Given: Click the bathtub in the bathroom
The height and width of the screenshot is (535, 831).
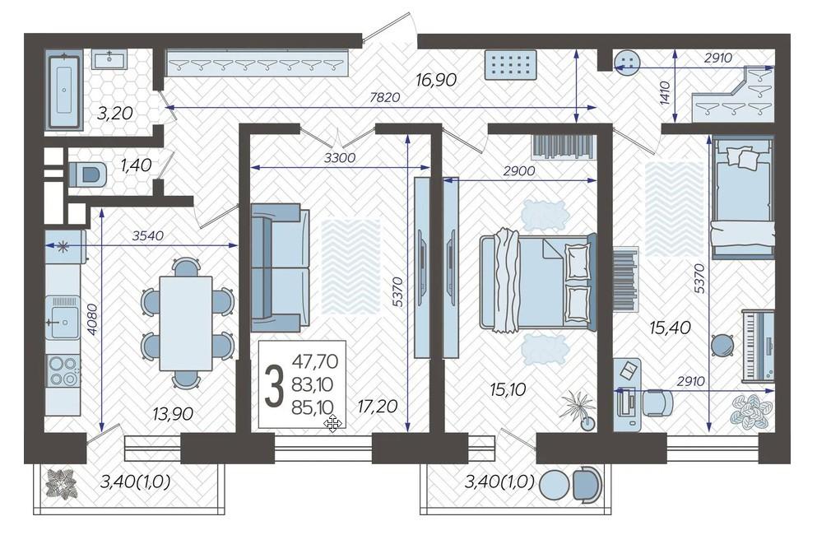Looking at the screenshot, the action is pyautogui.click(x=63, y=91).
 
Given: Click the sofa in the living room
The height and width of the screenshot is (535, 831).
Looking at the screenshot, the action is pyautogui.click(x=280, y=267).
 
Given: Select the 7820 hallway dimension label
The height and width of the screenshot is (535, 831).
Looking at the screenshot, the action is pyautogui.click(x=385, y=97).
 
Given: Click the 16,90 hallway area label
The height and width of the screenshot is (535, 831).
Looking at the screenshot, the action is pyautogui.click(x=436, y=80).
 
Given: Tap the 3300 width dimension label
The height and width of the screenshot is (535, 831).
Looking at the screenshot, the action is pyautogui.click(x=340, y=157).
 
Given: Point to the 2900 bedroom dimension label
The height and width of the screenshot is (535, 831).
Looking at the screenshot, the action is pyautogui.click(x=519, y=170).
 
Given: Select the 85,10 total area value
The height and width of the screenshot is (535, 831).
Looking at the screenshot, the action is pyautogui.click(x=313, y=407).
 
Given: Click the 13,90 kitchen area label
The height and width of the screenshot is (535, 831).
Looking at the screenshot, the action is pyautogui.click(x=173, y=413).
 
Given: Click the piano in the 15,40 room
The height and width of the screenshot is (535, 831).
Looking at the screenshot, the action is pyautogui.click(x=758, y=345).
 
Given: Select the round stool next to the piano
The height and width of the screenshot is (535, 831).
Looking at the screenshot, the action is pyautogui.click(x=722, y=346).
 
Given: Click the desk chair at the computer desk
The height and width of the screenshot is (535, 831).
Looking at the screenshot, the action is pyautogui.click(x=657, y=402).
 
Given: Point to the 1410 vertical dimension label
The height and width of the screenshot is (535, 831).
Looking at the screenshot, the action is pyautogui.click(x=666, y=93).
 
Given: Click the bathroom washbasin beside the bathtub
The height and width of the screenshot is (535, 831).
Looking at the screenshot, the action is pyautogui.click(x=109, y=59).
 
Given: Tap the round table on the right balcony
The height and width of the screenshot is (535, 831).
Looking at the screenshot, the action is pyautogui.click(x=554, y=484).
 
